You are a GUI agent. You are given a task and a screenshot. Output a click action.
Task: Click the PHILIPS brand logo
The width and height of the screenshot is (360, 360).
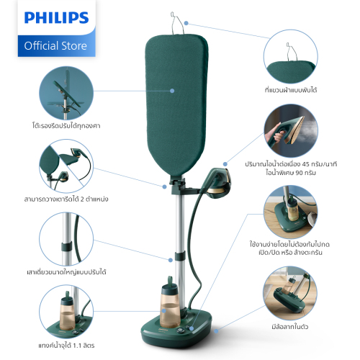tap(56, 18)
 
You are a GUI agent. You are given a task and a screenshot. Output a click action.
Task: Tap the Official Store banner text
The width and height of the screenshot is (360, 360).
tap(55, 45)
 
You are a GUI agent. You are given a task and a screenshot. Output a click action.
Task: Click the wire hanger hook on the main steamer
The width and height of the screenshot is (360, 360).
tap(177, 23)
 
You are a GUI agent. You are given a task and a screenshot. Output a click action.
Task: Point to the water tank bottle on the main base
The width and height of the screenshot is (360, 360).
tap(170, 304)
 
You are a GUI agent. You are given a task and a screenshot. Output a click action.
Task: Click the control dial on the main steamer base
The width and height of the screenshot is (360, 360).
tap(180, 330)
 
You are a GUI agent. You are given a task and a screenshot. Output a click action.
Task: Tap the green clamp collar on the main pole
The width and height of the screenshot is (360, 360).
tap(180, 256)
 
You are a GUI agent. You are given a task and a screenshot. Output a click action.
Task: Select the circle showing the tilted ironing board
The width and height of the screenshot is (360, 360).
tap(66, 94)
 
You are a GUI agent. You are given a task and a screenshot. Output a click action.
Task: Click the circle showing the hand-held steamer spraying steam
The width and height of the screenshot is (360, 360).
tap(291, 131)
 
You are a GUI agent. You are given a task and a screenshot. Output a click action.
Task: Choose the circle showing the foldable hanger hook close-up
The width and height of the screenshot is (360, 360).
tap(291, 57)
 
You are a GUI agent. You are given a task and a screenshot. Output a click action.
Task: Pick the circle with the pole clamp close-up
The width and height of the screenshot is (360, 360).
tap(66, 239)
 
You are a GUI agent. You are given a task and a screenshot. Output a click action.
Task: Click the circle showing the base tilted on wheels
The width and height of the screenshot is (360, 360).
tap(290, 293)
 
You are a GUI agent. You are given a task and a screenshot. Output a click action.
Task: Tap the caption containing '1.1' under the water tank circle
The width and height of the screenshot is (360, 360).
tap(66, 346)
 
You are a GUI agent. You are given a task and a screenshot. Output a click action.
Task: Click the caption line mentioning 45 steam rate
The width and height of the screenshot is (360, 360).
tap(291, 164)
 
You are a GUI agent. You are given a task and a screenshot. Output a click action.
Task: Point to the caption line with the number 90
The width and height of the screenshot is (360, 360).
tap(291, 173)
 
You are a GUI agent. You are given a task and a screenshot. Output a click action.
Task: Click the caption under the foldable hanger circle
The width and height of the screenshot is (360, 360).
tap(291, 90)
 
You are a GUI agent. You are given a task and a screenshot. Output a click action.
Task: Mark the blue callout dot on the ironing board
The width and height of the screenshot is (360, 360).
tap(172, 91)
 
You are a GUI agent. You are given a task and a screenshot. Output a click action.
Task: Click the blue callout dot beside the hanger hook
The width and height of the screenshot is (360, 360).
tap(186, 23)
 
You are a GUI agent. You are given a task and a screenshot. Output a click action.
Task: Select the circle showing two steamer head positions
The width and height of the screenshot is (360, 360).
tap(66, 166)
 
